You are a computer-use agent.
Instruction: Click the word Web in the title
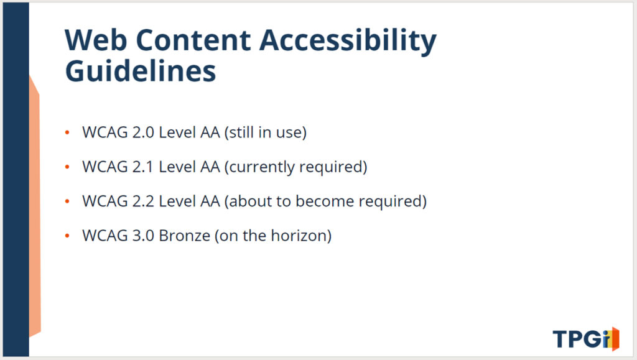click(x=96, y=40)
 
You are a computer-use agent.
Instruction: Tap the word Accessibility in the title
click(x=348, y=42)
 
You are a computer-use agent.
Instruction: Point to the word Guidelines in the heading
click(x=140, y=71)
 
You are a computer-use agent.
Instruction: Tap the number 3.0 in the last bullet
click(x=143, y=236)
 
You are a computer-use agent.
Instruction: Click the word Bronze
click(x=184, y=236)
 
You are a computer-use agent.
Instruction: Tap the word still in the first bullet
click(x=242, y=132)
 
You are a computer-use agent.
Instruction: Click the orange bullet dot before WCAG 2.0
click(x=67, y=132)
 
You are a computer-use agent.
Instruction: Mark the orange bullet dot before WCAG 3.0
click(x=67, y=236)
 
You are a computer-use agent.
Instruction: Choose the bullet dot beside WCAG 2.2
click(x=67, y=201)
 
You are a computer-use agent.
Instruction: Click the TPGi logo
click(x=586, y=339)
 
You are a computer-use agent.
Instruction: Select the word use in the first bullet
click(x=289, y=133)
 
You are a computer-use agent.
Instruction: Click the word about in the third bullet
click(x=250, y=201)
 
